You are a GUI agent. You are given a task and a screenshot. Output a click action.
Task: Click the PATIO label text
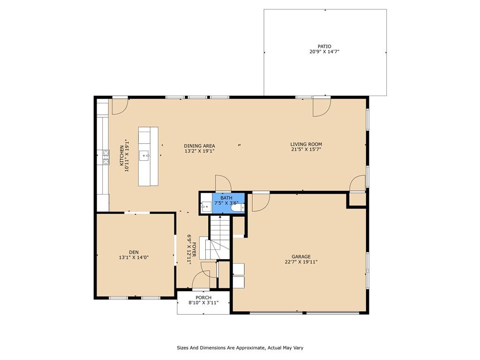pos(324,46)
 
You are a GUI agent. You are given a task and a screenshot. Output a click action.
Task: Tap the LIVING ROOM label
pos(306,144)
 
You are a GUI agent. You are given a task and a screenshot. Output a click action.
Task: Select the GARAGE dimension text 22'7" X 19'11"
pos(301,262)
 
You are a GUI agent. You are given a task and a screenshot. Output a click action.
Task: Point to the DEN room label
pos(134,252)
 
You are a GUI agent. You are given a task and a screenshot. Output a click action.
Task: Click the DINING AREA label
pos(199,146)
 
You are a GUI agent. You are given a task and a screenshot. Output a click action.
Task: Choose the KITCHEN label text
pos(121,156)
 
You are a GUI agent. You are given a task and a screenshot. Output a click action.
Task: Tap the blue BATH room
pos(228,203)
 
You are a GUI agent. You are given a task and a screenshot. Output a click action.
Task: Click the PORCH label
pos(203,298)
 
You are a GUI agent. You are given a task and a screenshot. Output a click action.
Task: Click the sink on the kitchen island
pos(144,156)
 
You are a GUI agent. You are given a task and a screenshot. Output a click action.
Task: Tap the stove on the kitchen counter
pos(106,157)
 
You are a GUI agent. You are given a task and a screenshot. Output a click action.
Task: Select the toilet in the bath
pos(238,208)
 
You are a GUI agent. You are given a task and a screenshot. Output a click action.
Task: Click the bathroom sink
pos(206,207)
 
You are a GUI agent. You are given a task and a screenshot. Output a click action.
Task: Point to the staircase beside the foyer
pos(219,237)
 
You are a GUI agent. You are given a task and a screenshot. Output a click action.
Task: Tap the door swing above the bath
pos(223,183)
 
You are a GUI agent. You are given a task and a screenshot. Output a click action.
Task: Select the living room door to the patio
pos(322,106)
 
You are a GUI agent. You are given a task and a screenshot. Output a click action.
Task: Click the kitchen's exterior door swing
pos(120,105)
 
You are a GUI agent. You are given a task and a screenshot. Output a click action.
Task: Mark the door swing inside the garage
pos(261,202)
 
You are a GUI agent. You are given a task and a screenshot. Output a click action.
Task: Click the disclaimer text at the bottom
pos(240,348)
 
